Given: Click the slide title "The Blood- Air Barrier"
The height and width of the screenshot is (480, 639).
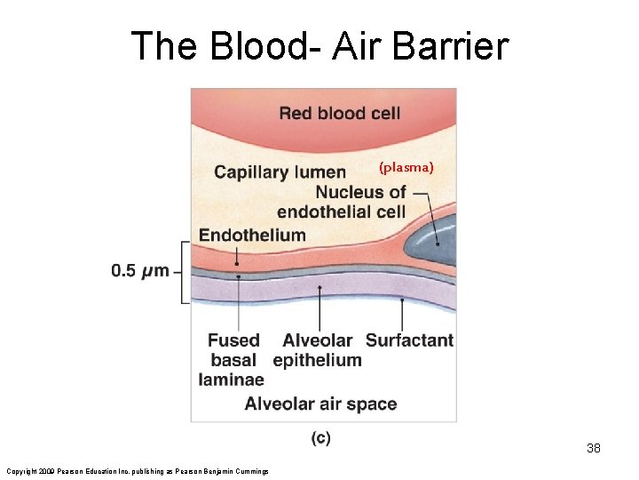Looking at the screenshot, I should click(319, 46).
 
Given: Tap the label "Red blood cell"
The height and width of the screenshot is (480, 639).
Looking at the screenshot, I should click(339, 113).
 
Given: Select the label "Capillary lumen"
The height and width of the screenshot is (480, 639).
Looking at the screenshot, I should click(280, 172).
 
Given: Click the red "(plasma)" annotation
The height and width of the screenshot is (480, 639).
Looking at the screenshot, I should click(406, 166).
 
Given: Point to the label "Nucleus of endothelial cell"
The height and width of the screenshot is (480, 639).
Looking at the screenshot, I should click(342, 202).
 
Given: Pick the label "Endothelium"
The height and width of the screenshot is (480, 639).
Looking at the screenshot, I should click(252, 236).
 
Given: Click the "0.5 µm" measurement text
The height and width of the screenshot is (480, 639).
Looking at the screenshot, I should click(140, 270).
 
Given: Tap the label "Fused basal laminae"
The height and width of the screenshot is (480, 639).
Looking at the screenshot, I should click(233, 360).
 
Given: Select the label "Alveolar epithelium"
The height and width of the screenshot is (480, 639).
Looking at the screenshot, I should click(317, 350).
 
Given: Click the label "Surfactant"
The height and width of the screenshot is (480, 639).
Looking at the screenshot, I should click(409, 340).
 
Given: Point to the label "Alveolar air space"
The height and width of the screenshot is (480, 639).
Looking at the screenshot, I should click(320, 404).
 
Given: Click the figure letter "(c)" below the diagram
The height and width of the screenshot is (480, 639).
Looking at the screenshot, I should click(320, 438).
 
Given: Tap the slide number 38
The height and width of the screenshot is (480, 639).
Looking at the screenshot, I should click(593, 448).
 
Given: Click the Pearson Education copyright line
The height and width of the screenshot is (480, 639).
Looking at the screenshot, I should click(138, 470).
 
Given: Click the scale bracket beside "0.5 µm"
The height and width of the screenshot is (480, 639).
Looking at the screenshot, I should click(185, 272).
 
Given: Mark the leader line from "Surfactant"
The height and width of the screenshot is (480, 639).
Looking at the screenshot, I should click(403, 316).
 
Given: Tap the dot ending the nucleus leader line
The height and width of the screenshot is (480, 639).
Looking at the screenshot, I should click(438, 244).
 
